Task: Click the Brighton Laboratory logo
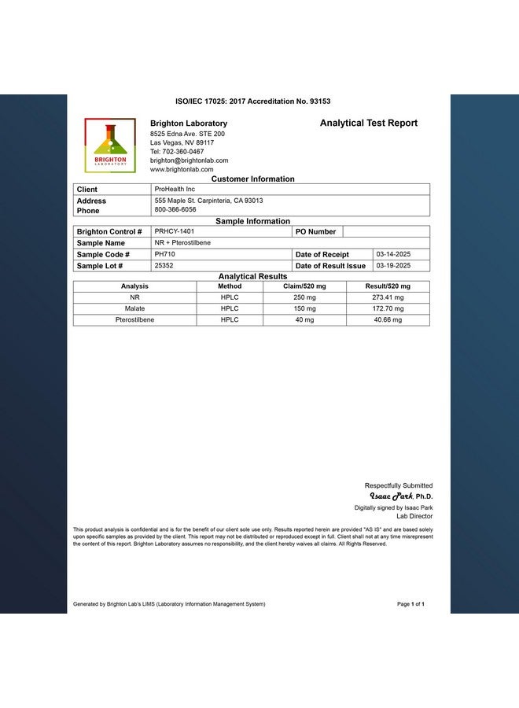(110, 146)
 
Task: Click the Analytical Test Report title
(369, 123)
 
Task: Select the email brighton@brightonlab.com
(189, 160)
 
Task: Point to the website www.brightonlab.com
(179, 169)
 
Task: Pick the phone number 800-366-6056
(175, 210)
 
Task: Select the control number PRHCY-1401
(174, 231)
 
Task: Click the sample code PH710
(165, 254)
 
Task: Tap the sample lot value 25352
(164, 266)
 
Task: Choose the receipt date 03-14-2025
(393, 254)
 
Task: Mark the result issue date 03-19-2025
(393, 266)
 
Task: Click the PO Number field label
(316, 232)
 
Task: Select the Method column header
(230, 286)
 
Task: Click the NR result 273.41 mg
(388, 298)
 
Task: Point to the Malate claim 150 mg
(304, 309)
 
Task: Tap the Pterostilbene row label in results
(134, 320)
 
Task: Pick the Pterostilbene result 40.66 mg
(388, 320)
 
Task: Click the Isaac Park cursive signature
(392, 496)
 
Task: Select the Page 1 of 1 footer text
(410, 604)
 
